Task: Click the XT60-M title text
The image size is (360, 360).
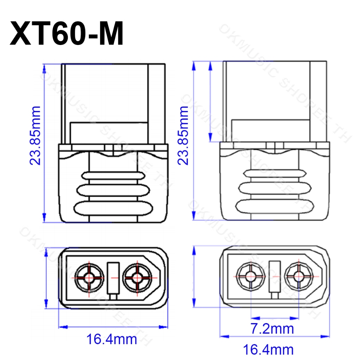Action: [66, 33]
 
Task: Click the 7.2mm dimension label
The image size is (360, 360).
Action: [272, 329]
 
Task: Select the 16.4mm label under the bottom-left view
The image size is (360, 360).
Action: [111, 339]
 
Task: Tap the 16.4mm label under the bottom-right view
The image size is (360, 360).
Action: [268, 350]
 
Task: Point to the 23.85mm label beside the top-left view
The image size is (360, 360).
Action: [35, 136]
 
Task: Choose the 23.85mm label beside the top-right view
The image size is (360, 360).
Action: [183, 136]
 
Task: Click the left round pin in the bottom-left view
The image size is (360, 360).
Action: [89, 278]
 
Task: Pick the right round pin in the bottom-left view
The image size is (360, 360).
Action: [137, 278]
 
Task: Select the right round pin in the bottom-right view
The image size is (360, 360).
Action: [299, 276]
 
